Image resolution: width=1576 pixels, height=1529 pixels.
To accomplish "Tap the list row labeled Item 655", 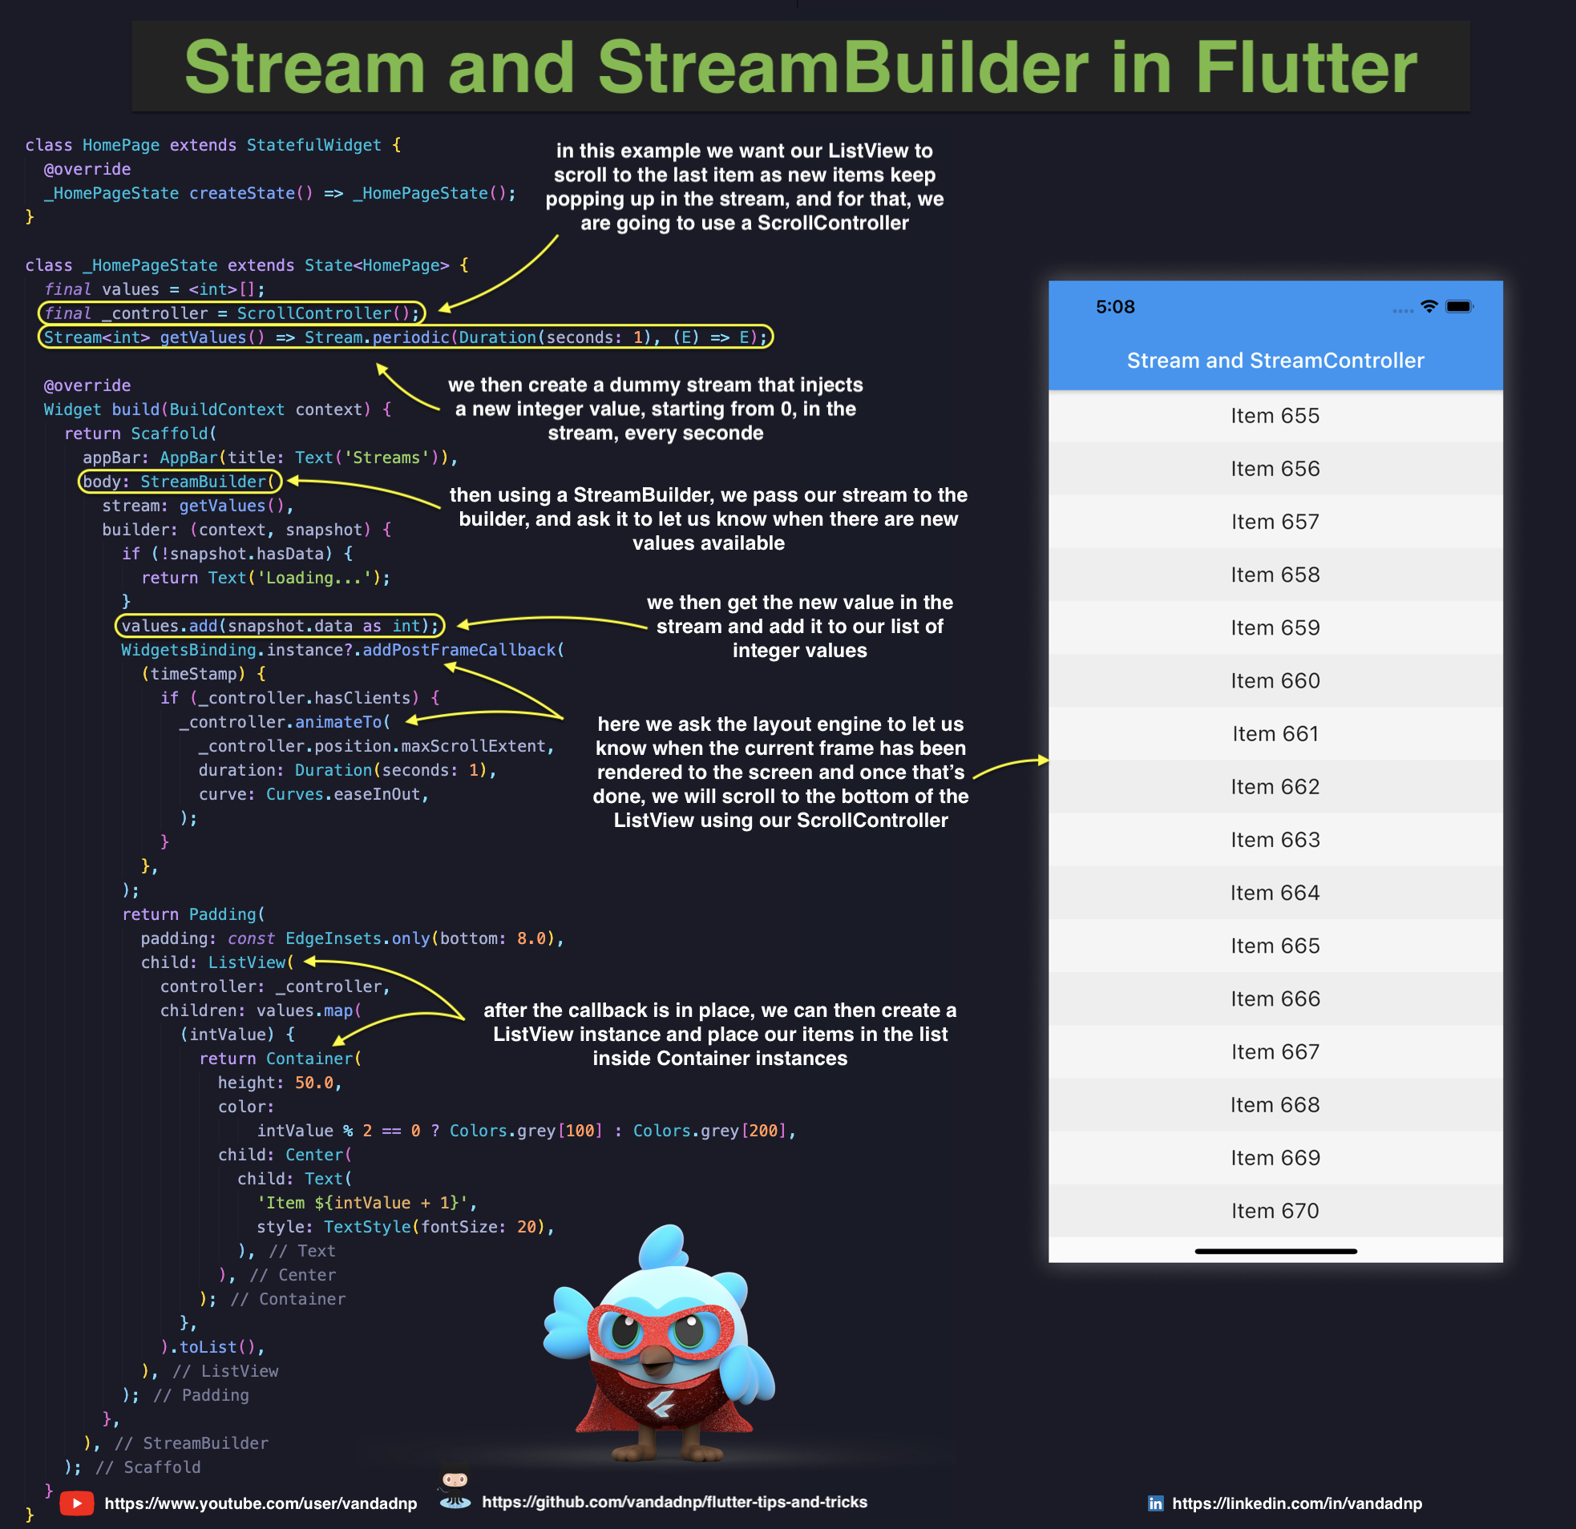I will click(1275, 416).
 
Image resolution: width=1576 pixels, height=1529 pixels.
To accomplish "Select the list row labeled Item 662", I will click(1275, 786).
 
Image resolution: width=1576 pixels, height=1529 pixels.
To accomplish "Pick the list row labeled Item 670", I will click(1275, 1211).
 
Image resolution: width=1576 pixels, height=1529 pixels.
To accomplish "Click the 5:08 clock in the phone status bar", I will click(1114, 306).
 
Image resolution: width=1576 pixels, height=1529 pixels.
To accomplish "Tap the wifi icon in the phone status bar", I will click(1429, 306).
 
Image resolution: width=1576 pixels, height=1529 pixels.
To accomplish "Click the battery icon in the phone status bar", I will click(1459, 306).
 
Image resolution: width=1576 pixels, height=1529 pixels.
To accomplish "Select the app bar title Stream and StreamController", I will click(1275, 360).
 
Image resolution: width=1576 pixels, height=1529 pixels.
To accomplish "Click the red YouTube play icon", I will click(77, 1503).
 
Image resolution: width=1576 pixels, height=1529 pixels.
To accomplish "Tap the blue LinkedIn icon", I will click(1155, 1503).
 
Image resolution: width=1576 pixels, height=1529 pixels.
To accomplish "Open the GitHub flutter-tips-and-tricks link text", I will click(674, 1502).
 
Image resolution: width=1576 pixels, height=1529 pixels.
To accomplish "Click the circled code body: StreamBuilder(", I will click(180, 482).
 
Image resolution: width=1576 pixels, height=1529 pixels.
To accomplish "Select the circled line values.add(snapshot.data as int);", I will click(280, 625).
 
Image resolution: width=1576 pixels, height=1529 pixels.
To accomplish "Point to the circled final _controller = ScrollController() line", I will click(232, 313).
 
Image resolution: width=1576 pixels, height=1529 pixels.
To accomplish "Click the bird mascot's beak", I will click(658, 1359).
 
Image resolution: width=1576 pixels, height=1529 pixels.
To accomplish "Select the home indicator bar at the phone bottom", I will click(1275, 1252).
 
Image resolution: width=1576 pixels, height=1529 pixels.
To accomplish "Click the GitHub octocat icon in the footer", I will click(455, 1489).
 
